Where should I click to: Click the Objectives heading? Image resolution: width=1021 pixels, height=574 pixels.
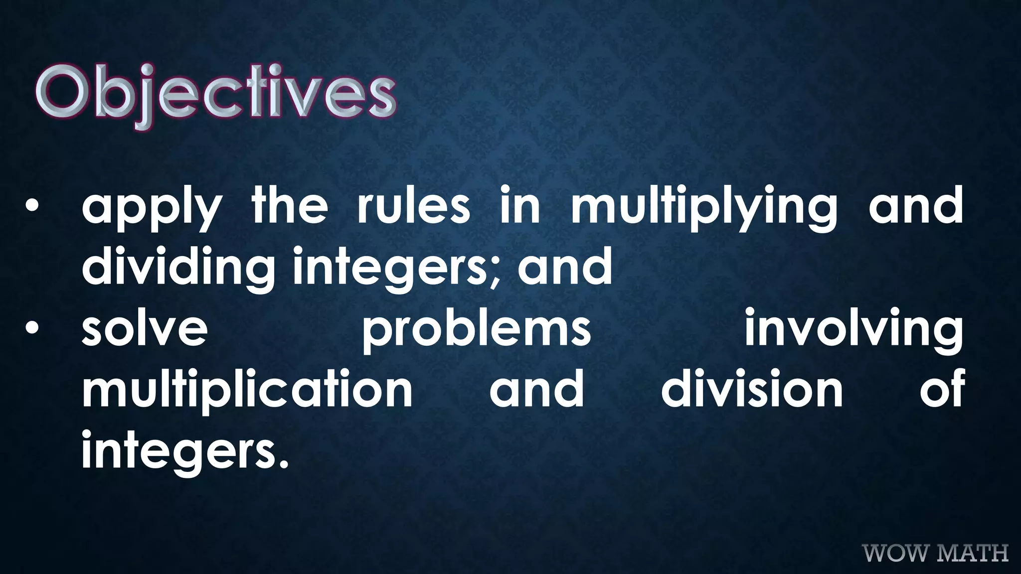point(215,95)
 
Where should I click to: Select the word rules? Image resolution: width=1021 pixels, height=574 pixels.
point(413,205)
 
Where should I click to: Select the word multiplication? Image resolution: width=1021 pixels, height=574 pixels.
point(247,391)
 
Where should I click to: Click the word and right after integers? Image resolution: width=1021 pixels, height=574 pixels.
point(565,266)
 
